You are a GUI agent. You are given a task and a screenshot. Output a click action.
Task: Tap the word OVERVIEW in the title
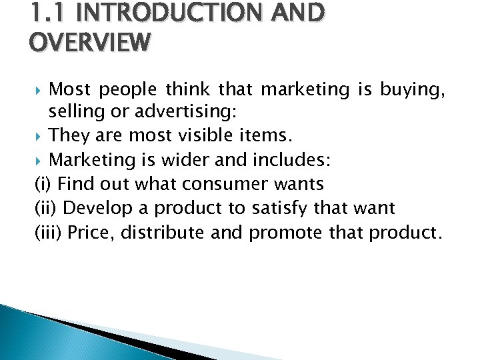click(90, 43)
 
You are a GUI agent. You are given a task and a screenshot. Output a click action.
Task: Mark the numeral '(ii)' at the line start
click(45, 209)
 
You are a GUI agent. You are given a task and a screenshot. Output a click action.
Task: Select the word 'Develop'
click(96, 209)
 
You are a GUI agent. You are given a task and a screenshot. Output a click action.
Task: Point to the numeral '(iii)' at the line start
click(47, 233)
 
